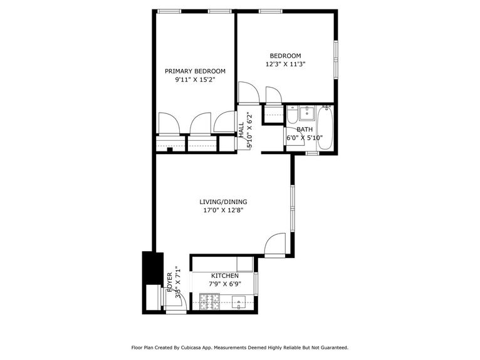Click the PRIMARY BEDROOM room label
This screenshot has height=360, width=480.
(x=195, y=71)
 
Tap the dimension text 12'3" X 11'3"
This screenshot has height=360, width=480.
(x=285, y=64)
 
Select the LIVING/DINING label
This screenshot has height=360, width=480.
(x=223, y=202)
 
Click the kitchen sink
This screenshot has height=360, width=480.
(x=241, y=304)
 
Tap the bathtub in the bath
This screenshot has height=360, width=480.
(x=325, y=128)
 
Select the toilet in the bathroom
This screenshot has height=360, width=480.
(x=292, y=115)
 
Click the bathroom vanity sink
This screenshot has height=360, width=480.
(x=307, y=114)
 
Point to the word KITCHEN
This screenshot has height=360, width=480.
(x=224, y=276)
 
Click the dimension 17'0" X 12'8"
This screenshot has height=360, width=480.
(x=223, y=210)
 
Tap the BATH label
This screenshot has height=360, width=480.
(x=305, y=130)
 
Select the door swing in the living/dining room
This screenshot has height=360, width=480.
(x=275, y=245)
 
